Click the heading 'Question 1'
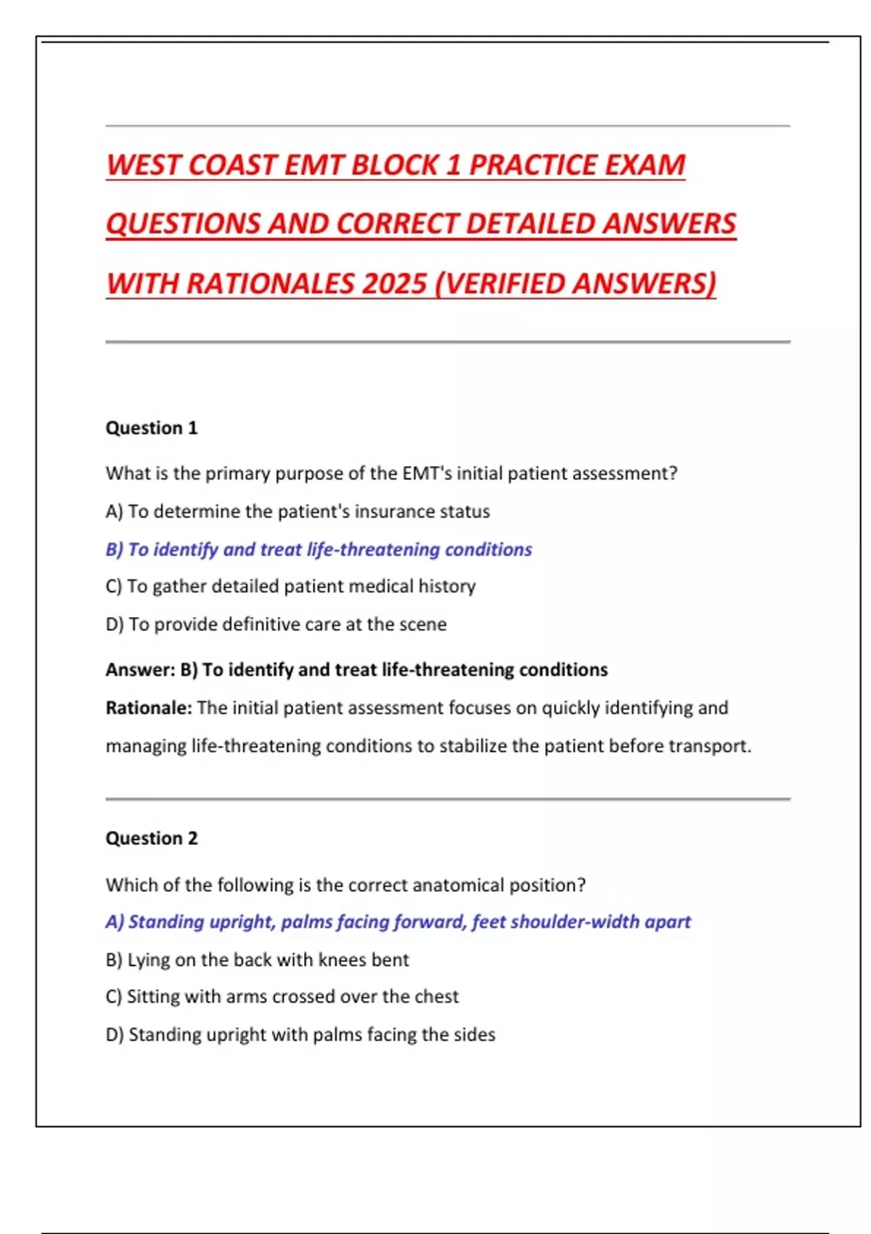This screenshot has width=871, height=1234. pyautogui.click(x=151, y=428)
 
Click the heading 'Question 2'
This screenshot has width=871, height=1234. pyautogui.click(x=151, y=838)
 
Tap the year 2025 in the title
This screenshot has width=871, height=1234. pyautogui.click(x=394, y=283)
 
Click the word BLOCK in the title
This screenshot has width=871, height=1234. pyautogui.click(x=396, y=165)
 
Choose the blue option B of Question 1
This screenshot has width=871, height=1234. pyautogui.click(x=319, y=549)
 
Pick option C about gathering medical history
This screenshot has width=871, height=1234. pyautogui.click(x=290, y=586)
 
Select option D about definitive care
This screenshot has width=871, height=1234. pyautogui.click(x=276, y=624)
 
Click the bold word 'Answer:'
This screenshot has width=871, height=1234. pyautogui.click(x=140, y=669)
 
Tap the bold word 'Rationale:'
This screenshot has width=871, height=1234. pyautogui.click(x=149, y=708)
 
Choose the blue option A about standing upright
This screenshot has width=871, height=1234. pyautogui.click(x=398, y=921)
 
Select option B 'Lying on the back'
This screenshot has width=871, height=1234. pyautogui.click(x=257, y=960)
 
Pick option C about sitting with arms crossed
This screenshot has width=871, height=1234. pyautogui.click(x=282, y=996)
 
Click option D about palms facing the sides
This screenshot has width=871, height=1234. pyautogui.click(x=300, y=1034)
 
